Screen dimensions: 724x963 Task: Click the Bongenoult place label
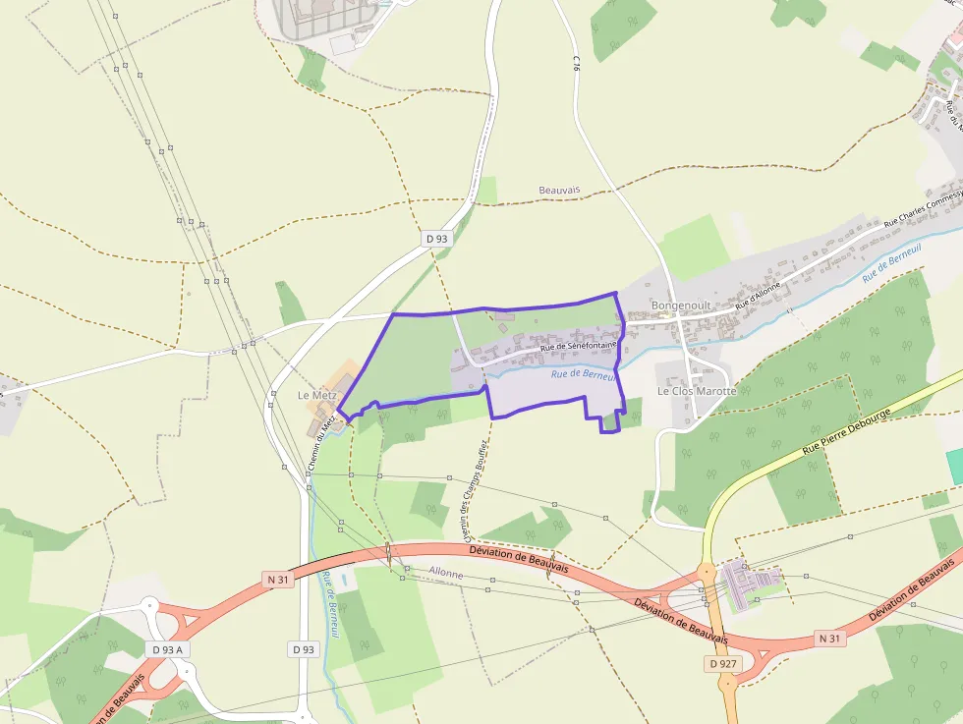(x=680, y=306)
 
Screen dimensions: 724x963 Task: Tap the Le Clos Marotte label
(x=696, y=390)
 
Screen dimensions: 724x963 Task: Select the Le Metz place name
(x=317, y=395)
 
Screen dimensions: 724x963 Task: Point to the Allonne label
(x=445, y=573)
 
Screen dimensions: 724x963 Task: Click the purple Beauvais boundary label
(x=559, y=189)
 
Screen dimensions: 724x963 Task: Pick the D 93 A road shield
(x=169, y=649)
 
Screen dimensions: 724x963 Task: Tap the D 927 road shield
(x=722, y=664)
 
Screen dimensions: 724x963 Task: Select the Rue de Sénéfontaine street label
(x=577, y=346)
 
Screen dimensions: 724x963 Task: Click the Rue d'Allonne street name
(x=758, y=296)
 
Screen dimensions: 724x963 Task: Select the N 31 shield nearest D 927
(x=830, y=639)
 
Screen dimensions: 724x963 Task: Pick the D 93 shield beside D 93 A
(x=304, y=649)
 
